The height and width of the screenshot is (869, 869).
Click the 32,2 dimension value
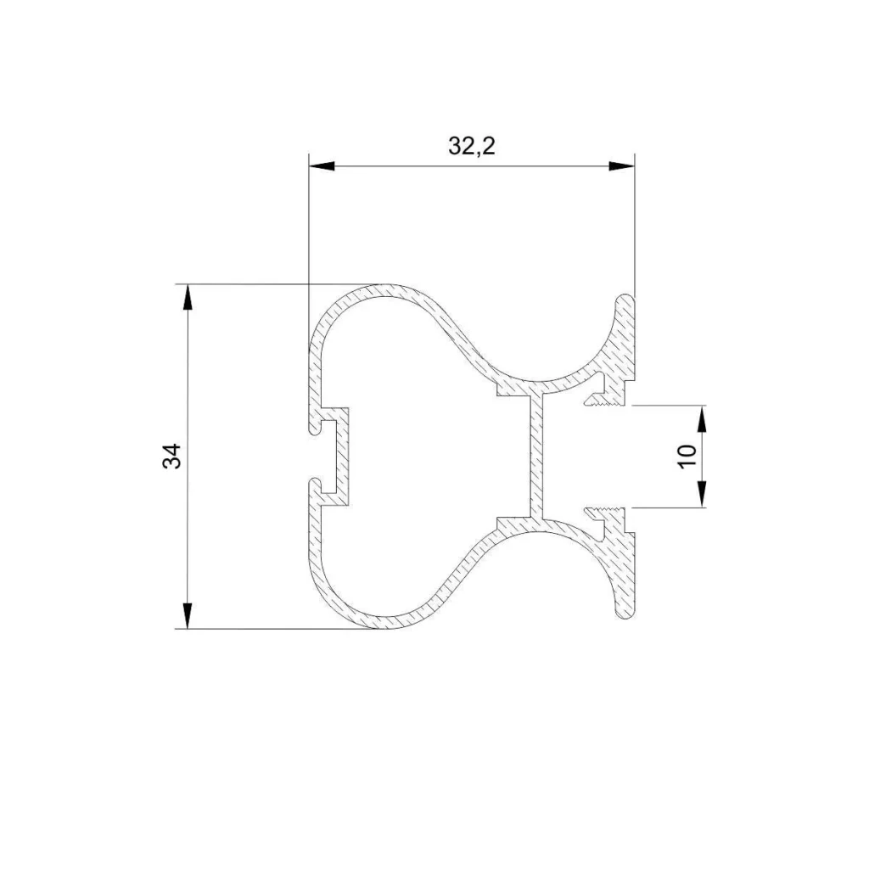(x=471, y=146)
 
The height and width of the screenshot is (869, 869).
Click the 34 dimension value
(x=172, y=457)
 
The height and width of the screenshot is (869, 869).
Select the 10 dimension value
(x=688, y=456)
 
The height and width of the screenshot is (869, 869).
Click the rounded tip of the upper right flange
(x=626, y=299)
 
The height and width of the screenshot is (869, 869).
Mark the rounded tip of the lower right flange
(x=626, y=613)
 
